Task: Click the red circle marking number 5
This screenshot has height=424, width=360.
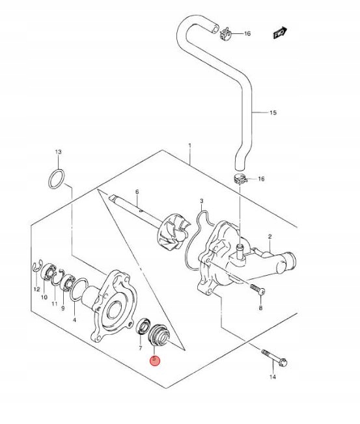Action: pos(156,360)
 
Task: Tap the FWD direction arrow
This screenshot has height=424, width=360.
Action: pos(280,33)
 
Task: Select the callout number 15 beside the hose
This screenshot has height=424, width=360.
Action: pos(273,113)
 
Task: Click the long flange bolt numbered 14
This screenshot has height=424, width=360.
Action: pos(274,358)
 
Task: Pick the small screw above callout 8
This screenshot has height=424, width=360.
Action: pos(257,289)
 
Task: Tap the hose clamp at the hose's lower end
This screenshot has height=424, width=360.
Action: pos(240,179)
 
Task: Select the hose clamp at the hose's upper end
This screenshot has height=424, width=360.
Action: pos(225,33)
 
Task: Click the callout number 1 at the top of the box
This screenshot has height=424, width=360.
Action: pos(189,146)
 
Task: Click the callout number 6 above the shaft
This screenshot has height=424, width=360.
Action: pos(137,192)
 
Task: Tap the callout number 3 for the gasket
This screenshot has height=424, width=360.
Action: pos(202,201)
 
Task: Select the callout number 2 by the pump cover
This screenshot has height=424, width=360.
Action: pos(270,237)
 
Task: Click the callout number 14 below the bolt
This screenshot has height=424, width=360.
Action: pos(273,377)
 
